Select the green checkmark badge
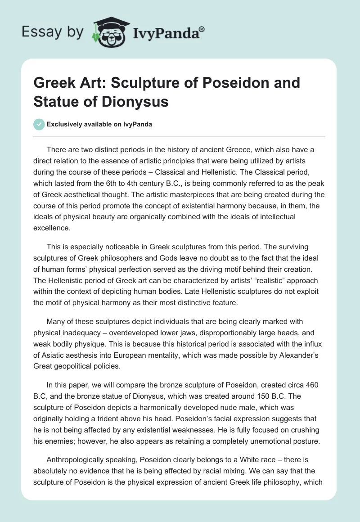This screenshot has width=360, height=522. pyautogui.click(x=39, y=124)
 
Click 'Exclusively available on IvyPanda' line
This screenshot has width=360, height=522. pyautogui.click(x=99, y=124)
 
